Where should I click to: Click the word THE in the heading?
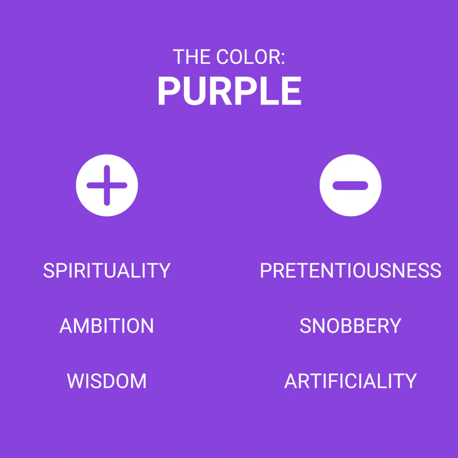[x=191, y=57]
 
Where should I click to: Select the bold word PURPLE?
[x=229, y=90]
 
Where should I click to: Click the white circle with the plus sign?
[x=107, y=185]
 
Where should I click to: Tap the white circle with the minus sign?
[x=351, y=185]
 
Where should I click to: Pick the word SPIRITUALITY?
[x=107, y=270]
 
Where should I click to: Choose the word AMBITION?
[x=106, y=326]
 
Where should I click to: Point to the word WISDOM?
[x=106, y=381]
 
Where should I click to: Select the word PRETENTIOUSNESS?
[x=351, y=270]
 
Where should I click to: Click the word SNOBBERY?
[x=351, y=326]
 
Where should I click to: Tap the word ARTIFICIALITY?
[x=351, y=381]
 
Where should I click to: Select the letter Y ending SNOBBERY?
[x=395, y=326]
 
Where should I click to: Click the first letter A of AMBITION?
[x=66, y=326]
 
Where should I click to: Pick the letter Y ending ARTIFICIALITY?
[x=410, y=381]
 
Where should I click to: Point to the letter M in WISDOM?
[x=138, y=381]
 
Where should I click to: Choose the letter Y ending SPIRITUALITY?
[x=164, y=270]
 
